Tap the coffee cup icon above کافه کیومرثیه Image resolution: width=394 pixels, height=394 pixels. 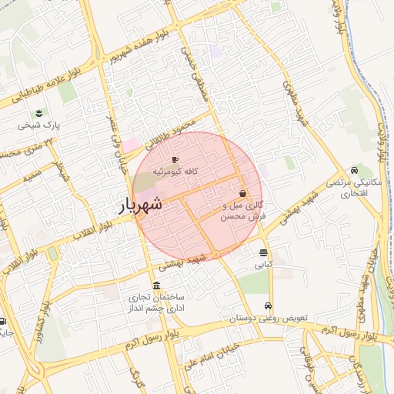click(x=175, y=159)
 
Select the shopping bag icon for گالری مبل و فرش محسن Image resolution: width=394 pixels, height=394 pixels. click(x=243, y=194)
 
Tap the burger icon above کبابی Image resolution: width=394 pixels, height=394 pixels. click(x=264, y=252)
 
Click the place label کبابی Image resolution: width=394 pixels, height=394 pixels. click(x=264, y=264)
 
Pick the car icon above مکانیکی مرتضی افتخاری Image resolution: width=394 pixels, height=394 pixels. click(x=353, y=170)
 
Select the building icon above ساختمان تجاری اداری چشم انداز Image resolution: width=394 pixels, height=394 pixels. click(x=156, y=286)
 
